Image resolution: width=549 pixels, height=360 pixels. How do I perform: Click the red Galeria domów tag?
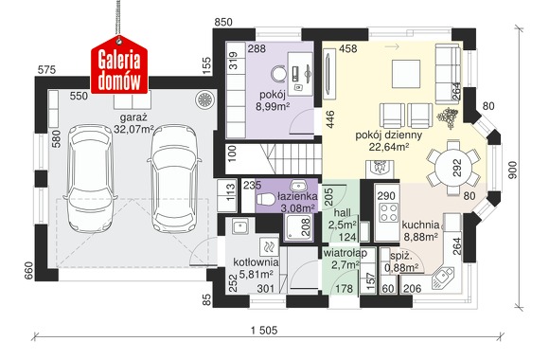coord(119,65)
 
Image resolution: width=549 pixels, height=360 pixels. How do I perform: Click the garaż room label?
coord(133,117)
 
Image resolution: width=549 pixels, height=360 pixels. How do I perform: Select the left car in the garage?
coord(90,178)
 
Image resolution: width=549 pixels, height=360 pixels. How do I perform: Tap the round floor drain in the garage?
coord(204,99)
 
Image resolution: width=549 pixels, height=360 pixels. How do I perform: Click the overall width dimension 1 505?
coord(264,331)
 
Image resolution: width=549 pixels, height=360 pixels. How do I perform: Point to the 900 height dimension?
coord(512,170)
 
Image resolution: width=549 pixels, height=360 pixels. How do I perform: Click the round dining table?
coord(453,167)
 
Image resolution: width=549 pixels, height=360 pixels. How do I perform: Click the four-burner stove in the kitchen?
coord(389,212)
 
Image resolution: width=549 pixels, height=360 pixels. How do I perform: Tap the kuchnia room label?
coord(420,225)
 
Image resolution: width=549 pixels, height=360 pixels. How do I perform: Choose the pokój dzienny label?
coord(389,135)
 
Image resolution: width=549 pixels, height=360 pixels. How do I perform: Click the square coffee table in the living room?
coord(406,74)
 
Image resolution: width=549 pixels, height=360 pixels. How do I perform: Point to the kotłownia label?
coord(256,261)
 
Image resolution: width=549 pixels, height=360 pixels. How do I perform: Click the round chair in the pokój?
coord(279,74)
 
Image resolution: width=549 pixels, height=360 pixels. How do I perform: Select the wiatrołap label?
coord(345,253)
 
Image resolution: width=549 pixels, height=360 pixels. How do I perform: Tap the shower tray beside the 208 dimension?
coord(297,227)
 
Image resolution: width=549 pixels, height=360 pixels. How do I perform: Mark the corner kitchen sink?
coord(443,278)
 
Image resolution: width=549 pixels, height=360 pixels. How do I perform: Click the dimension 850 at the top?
coord(223,22)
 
